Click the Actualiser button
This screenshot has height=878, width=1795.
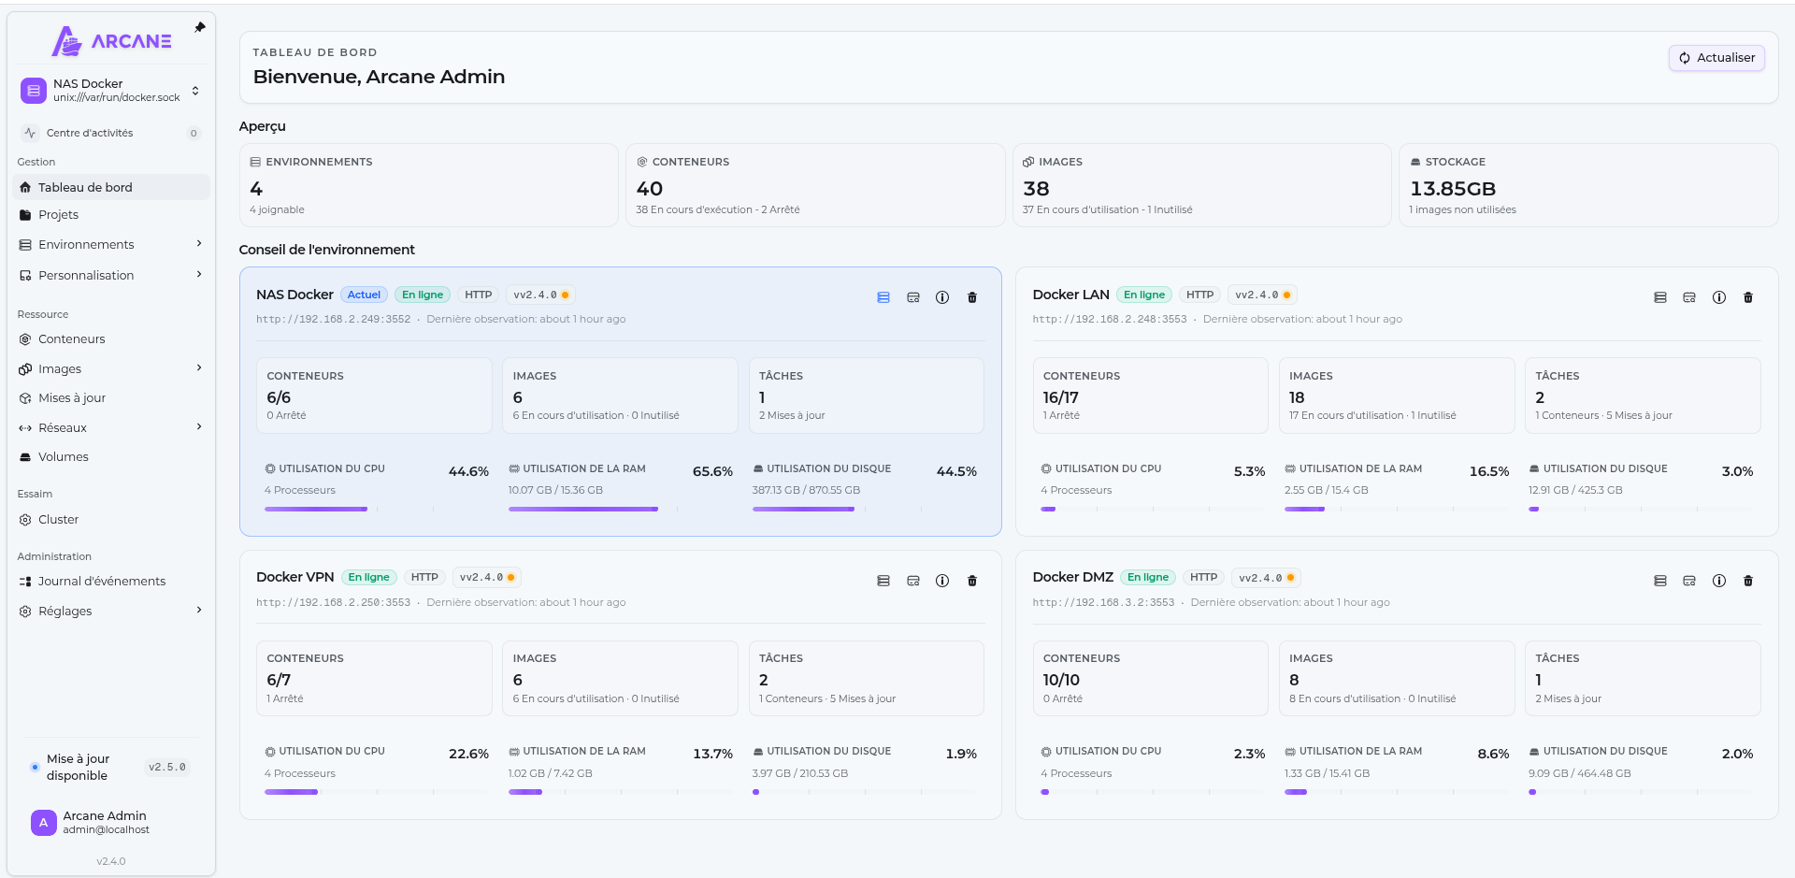[x=1716, y=58]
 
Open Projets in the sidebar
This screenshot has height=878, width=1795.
[x=58, y=215]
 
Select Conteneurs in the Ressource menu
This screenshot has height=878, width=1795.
[x=71, y=339]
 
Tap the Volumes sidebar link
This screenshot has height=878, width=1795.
[x=63, y=457]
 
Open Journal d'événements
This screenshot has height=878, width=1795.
[x=101, y=582]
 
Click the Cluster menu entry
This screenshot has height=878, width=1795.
[x=58, y=520]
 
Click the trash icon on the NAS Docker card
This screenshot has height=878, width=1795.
[x=972, y=297]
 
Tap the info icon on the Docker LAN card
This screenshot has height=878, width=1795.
[x=1718, y=297]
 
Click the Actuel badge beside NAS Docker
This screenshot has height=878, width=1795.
[x=364, y=295]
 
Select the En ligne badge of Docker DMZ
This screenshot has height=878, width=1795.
[x=1148, y=577]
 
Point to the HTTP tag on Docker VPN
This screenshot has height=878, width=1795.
[x=424, y=577]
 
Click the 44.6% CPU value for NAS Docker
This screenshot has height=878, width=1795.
[x=468, y=471]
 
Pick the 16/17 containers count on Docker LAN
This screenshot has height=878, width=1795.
[x=1061, y=397]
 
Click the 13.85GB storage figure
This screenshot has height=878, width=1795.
[x=1453, y=189]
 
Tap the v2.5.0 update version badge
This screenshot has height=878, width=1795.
[x=167, y=768]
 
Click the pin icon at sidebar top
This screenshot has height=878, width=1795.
[x=200, y=28]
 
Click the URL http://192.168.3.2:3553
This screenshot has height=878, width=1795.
[x=1103, y=603]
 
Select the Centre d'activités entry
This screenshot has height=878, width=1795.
[x=90, y=133]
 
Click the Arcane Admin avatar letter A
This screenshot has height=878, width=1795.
[x=43, y=823]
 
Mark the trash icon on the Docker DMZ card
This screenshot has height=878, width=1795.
[x=1748, y=581]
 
